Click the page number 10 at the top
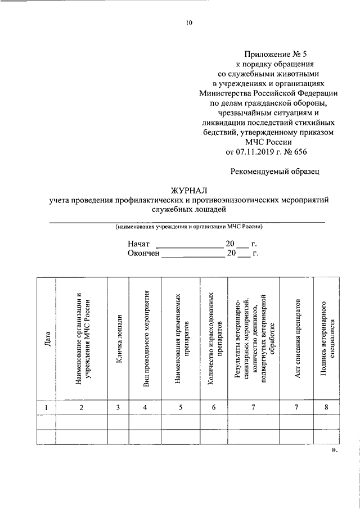pyautogui.click(x=188, y=23)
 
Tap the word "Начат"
pyautogui.click(x=138, y=245)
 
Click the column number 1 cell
pyautogui.click(x=46, y=408)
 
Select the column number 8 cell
pyautogui.click(x=327, y=408)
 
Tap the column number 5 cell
pyautogui.click(x=181, y=408)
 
